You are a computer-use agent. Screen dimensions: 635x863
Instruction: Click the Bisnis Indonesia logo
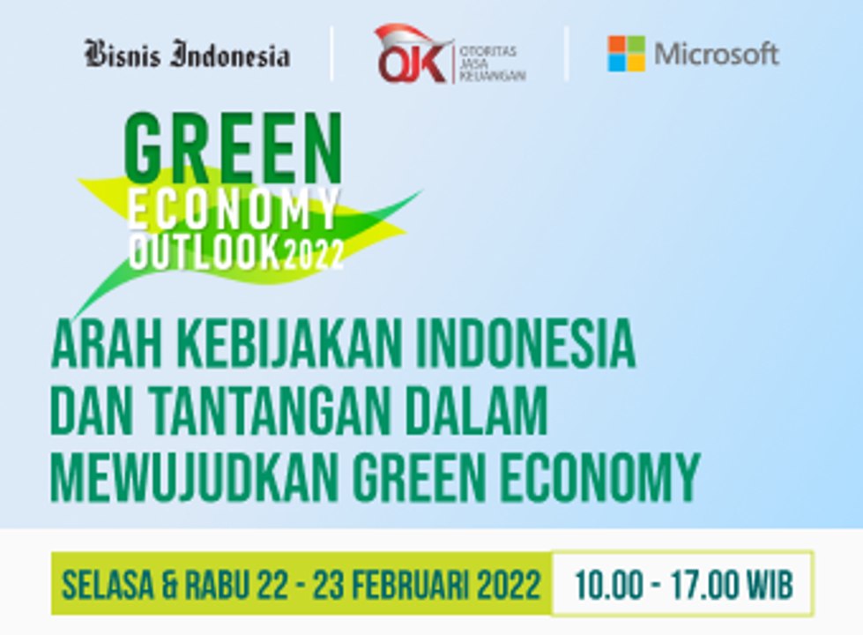point(187,55)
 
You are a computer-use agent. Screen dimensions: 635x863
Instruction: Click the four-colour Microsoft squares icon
point(626,54)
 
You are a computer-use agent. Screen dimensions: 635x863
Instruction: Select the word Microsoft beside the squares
point(716,55)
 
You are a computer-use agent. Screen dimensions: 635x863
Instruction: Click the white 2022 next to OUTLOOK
point(313,256)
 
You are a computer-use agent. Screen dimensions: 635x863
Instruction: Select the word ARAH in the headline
point(98,347)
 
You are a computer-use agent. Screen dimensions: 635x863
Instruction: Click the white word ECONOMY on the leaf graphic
point(234,210)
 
